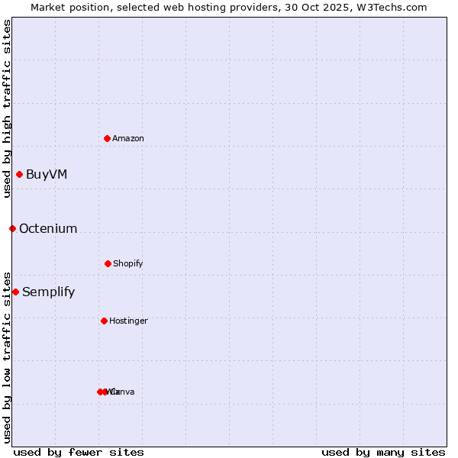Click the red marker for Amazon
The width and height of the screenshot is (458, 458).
(108, 138)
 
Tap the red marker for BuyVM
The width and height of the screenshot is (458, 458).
(19, 174)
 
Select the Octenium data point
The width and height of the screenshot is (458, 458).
(12, 228)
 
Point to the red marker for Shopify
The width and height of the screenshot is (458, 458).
(108, 263)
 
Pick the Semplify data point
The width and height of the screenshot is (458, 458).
(15, 292)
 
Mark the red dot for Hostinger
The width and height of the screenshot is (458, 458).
(104, 321)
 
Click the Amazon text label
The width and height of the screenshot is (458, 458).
(128, 138)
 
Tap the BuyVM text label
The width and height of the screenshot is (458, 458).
(47, 174)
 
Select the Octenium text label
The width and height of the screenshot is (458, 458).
(48, 228)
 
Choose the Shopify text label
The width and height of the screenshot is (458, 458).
(128, 263)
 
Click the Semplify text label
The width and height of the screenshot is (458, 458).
(49, 292)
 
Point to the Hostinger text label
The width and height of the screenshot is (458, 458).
(128, 321)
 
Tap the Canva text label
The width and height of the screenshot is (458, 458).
(124, 392)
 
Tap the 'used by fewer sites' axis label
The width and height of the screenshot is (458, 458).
(79, 452)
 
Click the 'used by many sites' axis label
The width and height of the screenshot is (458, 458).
(383, 452)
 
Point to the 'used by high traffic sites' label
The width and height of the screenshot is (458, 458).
(7, 108)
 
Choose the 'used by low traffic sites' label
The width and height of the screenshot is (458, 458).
(7, 356)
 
